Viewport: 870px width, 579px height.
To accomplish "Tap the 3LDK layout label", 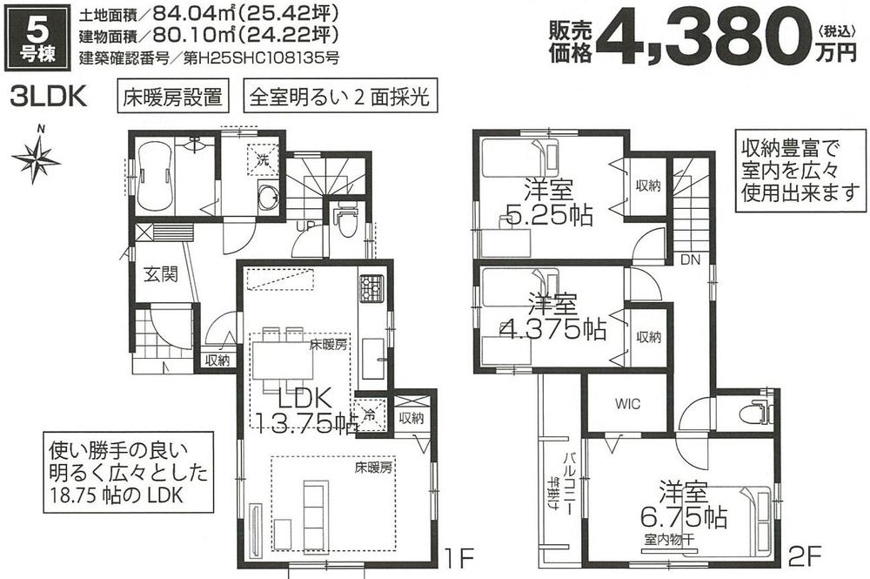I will [x=47, y=96].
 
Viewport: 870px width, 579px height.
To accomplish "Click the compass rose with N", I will [x=36, y=158].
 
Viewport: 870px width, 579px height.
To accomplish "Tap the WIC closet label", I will [x=628, y=404].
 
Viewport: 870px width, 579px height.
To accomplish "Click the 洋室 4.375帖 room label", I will [x=553, y=318].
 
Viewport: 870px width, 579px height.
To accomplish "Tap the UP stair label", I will [x=306, y=226].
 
